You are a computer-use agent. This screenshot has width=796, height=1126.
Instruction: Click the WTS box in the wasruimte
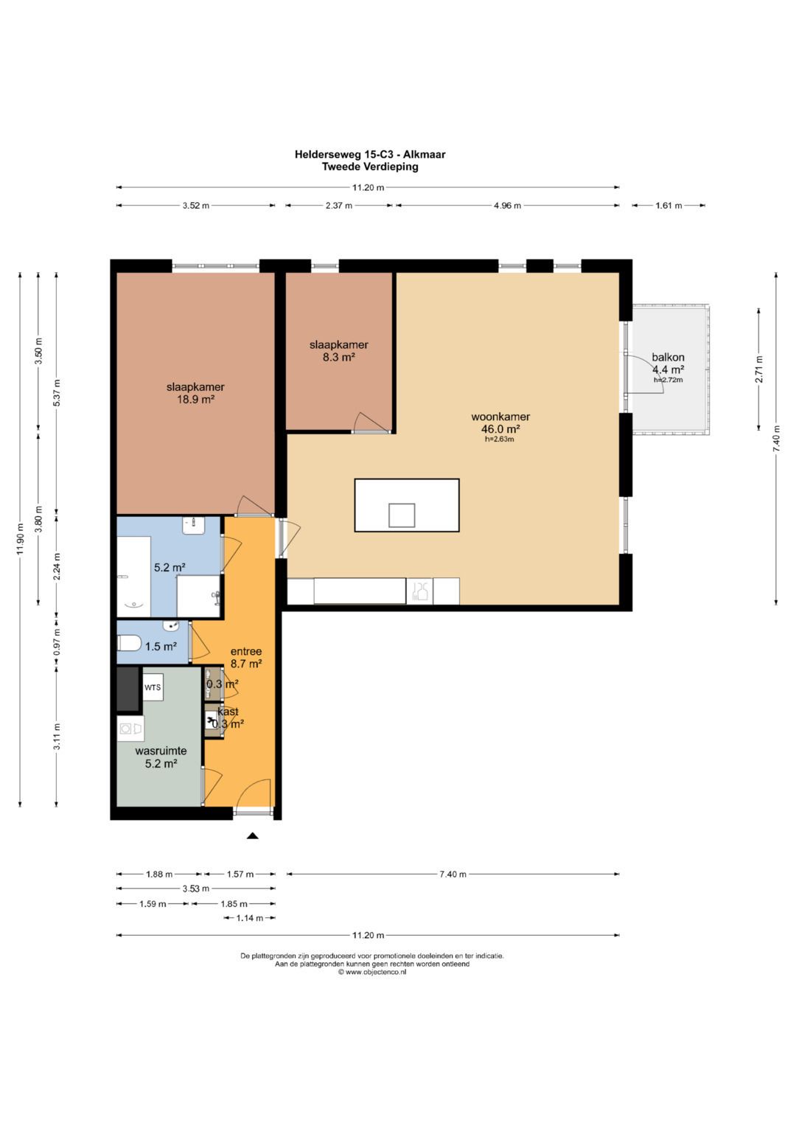pyautogui.click(x=153, y=687)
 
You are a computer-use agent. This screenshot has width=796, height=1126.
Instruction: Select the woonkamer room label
pyautogui.click(x=500, y=416)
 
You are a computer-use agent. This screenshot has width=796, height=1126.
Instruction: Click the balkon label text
pyautogui.click(x=668, y=357)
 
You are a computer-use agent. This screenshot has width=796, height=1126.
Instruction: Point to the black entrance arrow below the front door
pyautogui.click(x=252, y=835)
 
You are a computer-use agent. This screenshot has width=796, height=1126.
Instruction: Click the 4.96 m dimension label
pyautogui.click(x=507, y=205)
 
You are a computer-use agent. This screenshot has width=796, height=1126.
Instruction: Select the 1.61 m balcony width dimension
pyautogui.click(x=669, y=205)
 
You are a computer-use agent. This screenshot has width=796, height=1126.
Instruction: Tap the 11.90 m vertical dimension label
pyautogui.click(x=20, y=539)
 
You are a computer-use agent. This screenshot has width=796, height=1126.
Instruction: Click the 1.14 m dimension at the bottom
pyautogui.click(x=250, y=918)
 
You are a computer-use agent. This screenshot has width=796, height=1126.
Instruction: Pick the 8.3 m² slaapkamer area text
pyautogui.click(x=339, y=358)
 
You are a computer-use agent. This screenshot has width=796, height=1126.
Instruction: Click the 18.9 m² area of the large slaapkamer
pyautogui.click(x=195, y=400)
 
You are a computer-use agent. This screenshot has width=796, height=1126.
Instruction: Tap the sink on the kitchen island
pyautogui.click(x=402, y=515)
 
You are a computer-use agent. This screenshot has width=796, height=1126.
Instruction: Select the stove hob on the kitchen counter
pyautogui.click(x=419, y=591)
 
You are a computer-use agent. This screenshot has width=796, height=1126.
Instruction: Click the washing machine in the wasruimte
pyautogui.click(x=130, y=729)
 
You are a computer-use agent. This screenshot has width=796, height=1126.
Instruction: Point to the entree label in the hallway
pyautogui.click(x=246, y=651)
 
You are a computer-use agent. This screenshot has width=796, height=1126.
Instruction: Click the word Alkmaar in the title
pyautogui.click(x=424, y=154)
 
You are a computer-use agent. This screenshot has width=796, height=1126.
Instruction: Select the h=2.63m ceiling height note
pyautogui.click(x=499, y=439)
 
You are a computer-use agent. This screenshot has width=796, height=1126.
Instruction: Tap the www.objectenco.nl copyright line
pyautogui.click(x=372, y=972)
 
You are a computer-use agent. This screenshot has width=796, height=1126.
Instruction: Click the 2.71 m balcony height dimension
pyautogui.click(x=759, y=369)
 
